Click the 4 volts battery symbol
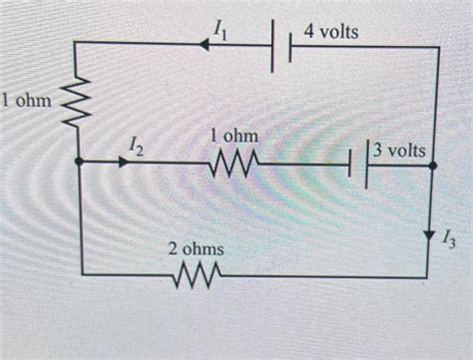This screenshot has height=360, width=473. (282, 49)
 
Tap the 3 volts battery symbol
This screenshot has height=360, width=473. (359, 163)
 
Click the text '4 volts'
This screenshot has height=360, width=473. (331, 32)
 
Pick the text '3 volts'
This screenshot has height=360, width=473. (399, 151)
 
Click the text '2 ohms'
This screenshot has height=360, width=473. (197, 246)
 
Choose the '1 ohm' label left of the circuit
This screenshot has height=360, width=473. (27, 99)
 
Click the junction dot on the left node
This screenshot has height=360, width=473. (78, 163)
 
